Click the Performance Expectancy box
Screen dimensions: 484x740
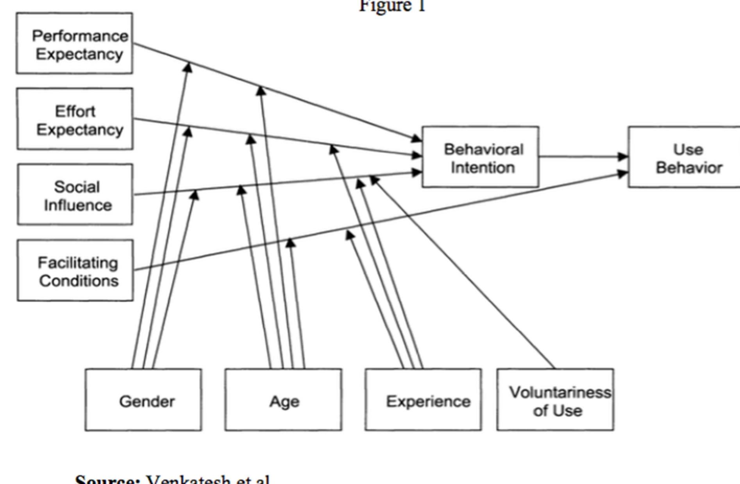(x=74, y=43)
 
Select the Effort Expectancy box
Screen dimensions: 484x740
(x=75, y=119)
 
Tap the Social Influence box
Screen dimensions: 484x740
(x=75, y=195)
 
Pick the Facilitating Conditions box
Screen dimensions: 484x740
(x=75, y=270)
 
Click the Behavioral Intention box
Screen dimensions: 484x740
(x=480, y=157)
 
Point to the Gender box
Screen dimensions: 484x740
(x=143, y=400)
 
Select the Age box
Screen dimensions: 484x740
(x=283, y=400)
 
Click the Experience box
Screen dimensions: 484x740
(x=424, y=400)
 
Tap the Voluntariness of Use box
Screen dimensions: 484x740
(x=555, y=400)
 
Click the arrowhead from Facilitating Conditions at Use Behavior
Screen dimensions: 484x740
(x=622, y=174)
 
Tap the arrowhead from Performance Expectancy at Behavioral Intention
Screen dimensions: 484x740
(x=416, y=138)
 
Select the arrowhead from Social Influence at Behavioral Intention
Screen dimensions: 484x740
(x=417, y=172)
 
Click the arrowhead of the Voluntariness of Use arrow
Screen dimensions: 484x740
(x=374, y=180)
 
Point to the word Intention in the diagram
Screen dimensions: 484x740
(x=483, y=167)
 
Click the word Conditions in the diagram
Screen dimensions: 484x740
(x=79, y=281)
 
